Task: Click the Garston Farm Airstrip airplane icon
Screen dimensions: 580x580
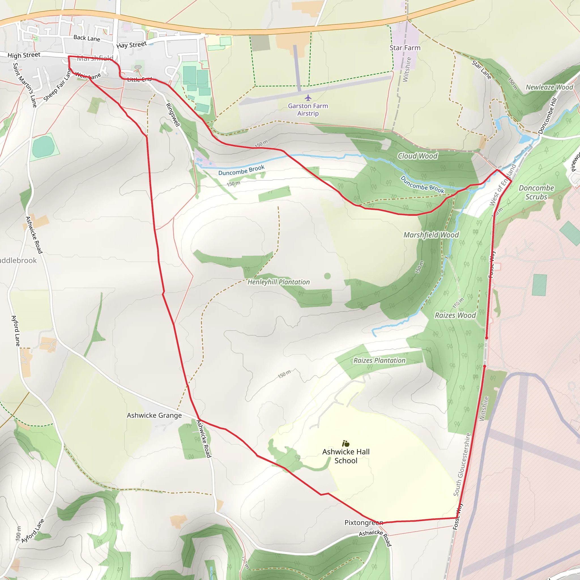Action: tap(308, 98)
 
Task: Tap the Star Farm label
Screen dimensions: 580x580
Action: tap(405, 48)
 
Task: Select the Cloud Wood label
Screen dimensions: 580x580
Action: tap(418, 156)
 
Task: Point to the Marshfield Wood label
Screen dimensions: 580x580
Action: tap(431, 235)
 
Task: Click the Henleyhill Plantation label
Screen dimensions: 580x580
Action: tap(279, 282)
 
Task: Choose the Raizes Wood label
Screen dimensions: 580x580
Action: tap(455, 315)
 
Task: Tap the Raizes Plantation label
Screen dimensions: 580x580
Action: tap(379, 360)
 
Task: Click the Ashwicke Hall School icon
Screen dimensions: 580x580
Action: tap(346, 443)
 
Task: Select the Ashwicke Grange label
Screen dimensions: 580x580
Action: tap(154, 415)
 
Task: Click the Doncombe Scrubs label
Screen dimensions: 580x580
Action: tap(536, 192)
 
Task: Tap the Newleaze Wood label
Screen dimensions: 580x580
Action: tap(549, 87)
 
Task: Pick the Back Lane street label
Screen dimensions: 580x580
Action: tap(87, 38)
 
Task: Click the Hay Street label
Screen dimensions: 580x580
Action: tap(131, 45)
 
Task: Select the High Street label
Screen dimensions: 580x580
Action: tap(24, 55)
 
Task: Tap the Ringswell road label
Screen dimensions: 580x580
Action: tap(173, 115)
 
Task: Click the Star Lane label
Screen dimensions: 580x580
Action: tap(481, 70)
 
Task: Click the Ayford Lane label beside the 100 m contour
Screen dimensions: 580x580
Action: tap(33, 531)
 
